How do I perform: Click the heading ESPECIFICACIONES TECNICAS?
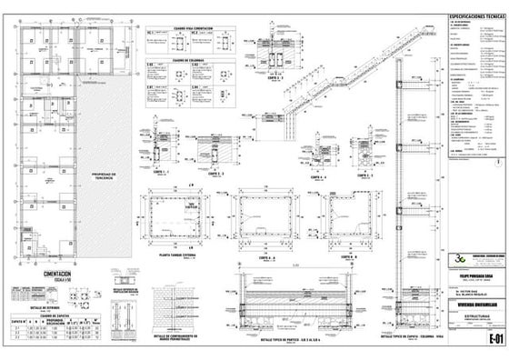[x=469, y=17]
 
